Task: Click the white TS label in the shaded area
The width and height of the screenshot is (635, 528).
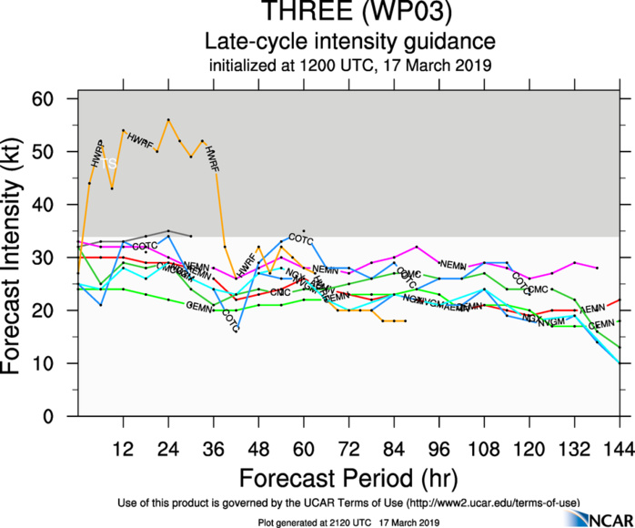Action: point(109,163)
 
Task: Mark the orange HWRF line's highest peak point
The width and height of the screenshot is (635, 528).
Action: point(168,119)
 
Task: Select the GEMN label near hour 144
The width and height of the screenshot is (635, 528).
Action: point(601,325)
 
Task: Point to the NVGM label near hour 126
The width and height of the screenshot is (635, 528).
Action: point(551,323)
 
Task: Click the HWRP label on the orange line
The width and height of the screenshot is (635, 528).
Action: point(98,153)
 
